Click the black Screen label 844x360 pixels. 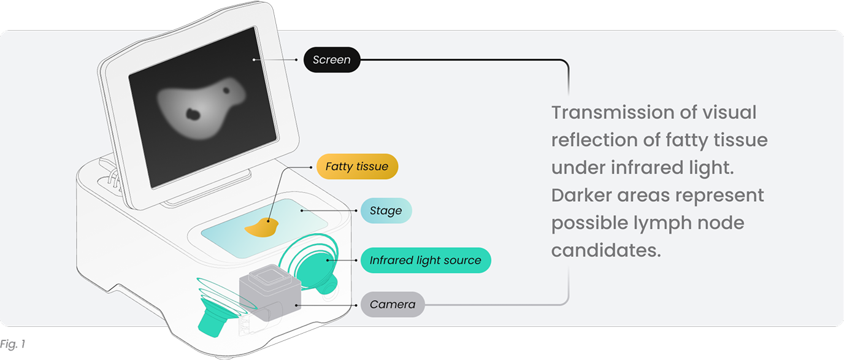pyautogui.click(x=332, y=59)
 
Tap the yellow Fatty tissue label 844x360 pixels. pyautogui.click(x=357, y=166)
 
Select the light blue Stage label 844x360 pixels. pyautogui.click(x=386, y=210)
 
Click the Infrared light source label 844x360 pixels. pyautogui.click(x=426, y=260)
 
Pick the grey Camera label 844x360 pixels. pyautogui.click(x=393, y=304)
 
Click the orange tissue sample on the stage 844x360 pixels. pyautogui.click(x=262, y=228)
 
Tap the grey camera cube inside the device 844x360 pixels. pyautogui.click(x=270, y=293)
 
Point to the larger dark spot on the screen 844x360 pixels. pyautogui.click(x=193, y=113)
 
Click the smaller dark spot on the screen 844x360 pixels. pyautogui.click(x=226, y=90)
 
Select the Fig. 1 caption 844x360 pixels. pyautogui.click(x=13, y=344)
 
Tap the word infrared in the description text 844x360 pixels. pyautogui.click(x=647, y=167)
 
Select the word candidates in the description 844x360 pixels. pyautogui.click(x=606, y=250)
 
